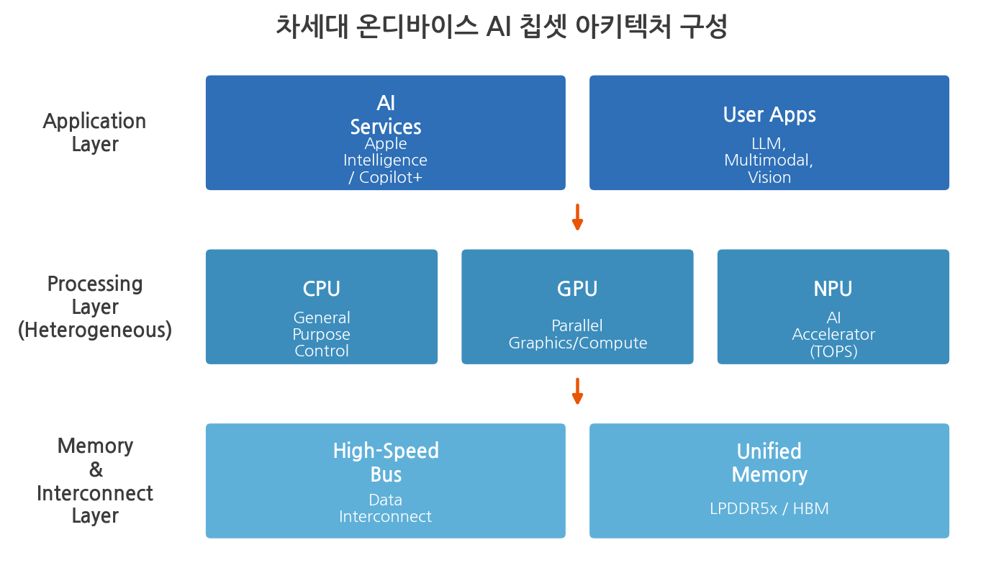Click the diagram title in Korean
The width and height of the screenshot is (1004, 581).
(501, 27)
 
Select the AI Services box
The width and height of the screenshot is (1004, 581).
(386, 132)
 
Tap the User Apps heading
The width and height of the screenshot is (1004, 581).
(769, 114)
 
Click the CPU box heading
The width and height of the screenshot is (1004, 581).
(322, 289)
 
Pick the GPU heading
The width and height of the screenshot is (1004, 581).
(577, 289)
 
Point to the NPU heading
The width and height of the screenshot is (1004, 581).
(833, 289)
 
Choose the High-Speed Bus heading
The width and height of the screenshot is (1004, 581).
(386, 462)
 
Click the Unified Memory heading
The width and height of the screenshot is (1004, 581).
(769, 463)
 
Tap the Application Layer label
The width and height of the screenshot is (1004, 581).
(94, 132)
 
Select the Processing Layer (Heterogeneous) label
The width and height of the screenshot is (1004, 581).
(94, 307)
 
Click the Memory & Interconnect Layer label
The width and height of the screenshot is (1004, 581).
(94, 481)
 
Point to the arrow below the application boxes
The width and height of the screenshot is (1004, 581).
(577, 217)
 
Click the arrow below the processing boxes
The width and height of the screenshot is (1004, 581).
(577, 391)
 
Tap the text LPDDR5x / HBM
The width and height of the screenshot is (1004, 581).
(769, 508)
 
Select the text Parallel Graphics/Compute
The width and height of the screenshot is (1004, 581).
(577, 334)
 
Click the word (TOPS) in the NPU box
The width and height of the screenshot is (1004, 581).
(833, 351)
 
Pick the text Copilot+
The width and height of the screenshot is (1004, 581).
(390, 177)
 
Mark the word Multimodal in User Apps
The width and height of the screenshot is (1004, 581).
(769, 160)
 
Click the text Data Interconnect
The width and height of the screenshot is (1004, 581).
(386, 508)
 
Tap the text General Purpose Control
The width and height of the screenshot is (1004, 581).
(322, 334)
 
